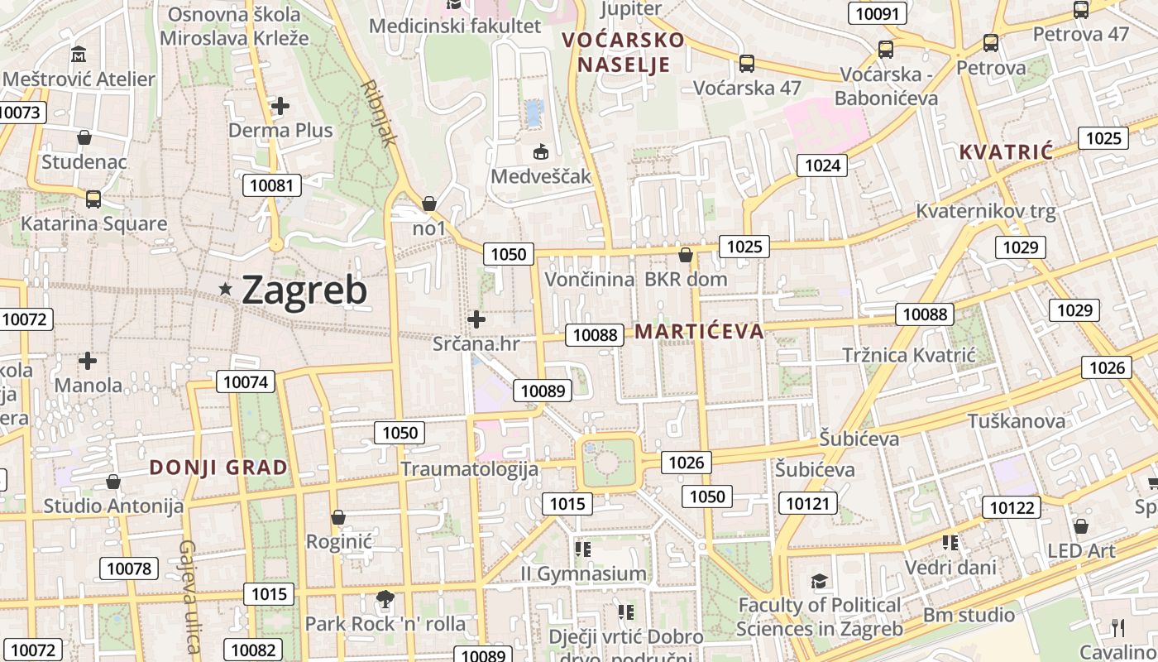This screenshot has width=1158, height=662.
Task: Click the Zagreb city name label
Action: [x=304, y=290]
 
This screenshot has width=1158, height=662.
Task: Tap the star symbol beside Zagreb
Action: [x=225, y=289]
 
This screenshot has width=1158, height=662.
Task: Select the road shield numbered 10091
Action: [x=878, y=13]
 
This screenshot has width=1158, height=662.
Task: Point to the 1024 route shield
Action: [x=822, y=165]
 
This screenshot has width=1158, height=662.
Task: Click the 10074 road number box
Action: [x=246, y=381]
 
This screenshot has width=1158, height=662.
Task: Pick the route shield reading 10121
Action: [x=807, y=503]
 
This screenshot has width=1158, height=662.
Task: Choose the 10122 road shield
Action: [x=1012, y=507]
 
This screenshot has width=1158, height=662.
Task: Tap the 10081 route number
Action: [x=270, y=185]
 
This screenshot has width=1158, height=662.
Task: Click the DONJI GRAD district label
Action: [x=218, y=468]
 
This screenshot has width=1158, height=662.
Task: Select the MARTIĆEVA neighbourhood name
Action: [x=699, y=332]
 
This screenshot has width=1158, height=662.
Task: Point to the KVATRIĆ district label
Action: [x=1006, y=152]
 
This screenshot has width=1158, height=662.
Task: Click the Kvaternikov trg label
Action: [x=986, y=211]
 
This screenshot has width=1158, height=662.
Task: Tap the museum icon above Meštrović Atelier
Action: [x=79, y=55]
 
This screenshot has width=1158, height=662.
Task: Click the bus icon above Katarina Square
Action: [x=93, y=199]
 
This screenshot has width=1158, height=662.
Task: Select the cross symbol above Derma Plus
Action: [x=280, y=106]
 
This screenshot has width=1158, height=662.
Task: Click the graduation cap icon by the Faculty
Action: [x=819, y=581]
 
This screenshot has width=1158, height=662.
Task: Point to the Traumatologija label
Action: [x=470, y=469]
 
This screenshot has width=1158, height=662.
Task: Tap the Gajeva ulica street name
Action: [x=189, y=596]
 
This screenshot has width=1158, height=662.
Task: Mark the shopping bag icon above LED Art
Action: [x=1080, y=526]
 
